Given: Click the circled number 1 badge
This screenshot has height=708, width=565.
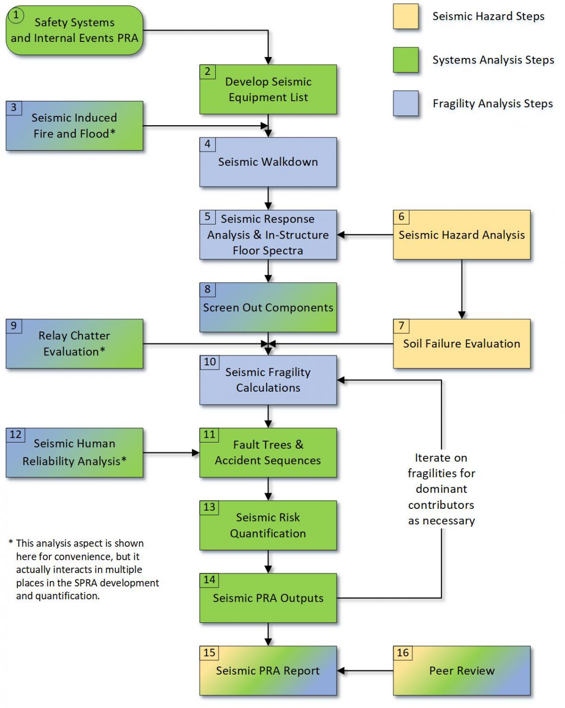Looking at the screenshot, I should [x=16, y=16].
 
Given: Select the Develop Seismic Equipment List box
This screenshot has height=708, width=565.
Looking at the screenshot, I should [x=268, y=89].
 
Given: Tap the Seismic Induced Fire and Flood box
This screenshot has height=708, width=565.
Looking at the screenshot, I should [x=74, y=126].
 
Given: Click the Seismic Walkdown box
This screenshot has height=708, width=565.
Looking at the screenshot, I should [x=268, y=162].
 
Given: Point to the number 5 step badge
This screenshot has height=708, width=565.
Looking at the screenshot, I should [x=207, y=217].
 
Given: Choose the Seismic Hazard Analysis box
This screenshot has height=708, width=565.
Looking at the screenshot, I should [x=461, y=234].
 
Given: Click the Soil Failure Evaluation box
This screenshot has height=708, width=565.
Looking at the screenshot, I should [x=461, y=344].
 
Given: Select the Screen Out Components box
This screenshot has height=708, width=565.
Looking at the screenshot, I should [x=268, y=307].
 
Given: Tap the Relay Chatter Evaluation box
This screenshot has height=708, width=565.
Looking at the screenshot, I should [x=74, y=344].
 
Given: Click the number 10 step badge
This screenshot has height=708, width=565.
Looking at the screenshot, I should [x=210, y=362].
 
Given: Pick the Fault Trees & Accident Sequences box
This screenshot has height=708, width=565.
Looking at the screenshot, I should [x=268, y=452].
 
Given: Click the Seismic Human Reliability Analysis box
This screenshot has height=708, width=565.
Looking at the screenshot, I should [x=74, y=452].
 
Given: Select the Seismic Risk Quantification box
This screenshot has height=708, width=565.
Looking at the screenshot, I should [x=268, y=525].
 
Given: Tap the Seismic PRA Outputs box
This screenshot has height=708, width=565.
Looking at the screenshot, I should [x=268, y=598].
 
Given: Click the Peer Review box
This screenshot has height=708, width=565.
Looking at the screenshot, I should [x=461, y=671].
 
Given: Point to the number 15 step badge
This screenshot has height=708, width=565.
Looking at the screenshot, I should [x=210, y=653].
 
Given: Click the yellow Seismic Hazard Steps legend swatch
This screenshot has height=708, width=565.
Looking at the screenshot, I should [x=406, y=16].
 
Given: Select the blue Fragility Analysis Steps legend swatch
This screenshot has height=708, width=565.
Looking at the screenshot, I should [x=406, y=104].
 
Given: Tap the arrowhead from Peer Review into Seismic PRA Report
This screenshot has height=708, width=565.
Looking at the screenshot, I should [x=341, y=671].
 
